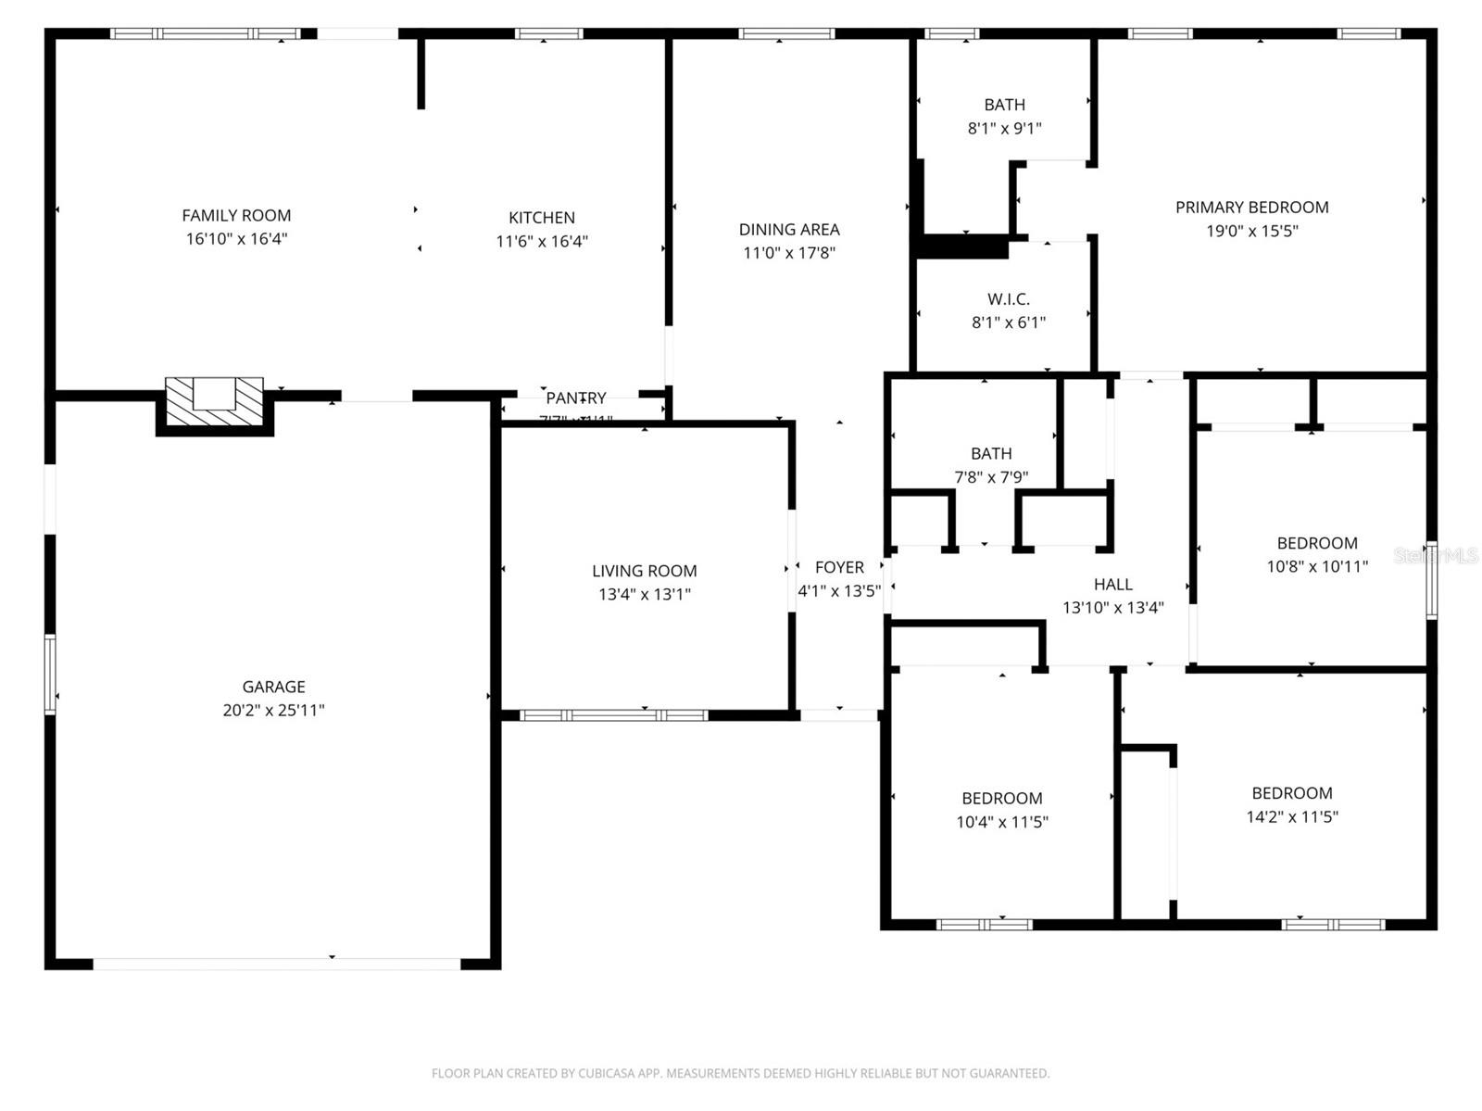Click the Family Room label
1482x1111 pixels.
[x=236, y=216]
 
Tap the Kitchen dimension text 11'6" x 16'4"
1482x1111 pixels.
[x=542, y=242]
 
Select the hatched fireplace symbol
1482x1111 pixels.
[x=215, y=401]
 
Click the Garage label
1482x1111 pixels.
[x=273, y=687]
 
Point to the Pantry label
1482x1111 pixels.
[x=575, y=398]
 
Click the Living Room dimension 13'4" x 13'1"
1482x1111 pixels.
[x=644, y=595]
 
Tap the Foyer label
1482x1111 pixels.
[x=839, y=567]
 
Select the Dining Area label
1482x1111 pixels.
[x=789, y=230]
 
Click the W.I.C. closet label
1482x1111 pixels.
[x=1008, y=299]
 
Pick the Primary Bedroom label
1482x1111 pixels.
[x=1251, y=208]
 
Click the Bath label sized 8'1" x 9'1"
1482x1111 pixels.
[x=1004, y=105]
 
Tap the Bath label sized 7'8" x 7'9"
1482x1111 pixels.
[x=991, y=453]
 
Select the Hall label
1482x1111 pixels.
[x=1112, y=585]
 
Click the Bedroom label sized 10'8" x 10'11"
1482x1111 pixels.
[x=1316, y=543]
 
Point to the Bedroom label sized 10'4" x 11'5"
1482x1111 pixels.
[x=1001, y=798]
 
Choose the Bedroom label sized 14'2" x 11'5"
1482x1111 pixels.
[x=1291, y=793]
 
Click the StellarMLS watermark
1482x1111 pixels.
[x=1435, y=556]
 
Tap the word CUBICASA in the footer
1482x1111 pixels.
[x=608, y=1074]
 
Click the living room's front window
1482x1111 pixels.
[x=613, y=715]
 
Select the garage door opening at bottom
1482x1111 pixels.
[x=276, y=964]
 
